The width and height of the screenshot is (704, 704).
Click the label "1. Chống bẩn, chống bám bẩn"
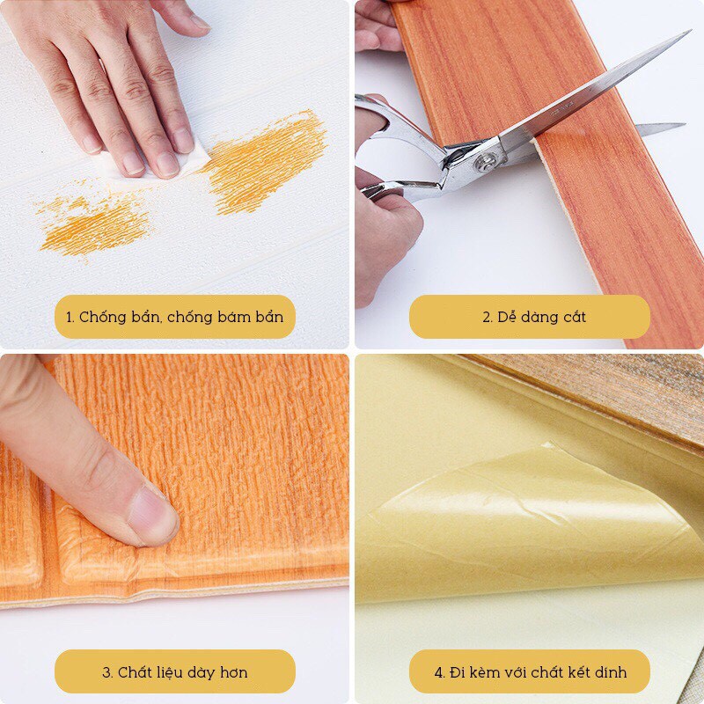[x=175, y=317]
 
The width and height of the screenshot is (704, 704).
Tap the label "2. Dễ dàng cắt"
[x=529, y=317]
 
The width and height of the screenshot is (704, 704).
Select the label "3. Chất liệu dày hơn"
[x=175, y=672]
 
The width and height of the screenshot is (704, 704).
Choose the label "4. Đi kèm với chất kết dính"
[x=529, y=672]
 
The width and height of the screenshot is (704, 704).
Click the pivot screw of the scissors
[x=486, y=161]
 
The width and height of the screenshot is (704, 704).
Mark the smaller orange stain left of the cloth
[x=92, y=224]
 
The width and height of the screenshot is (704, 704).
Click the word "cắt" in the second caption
[x=572, y=317]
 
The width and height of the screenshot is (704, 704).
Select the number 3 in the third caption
[x=106, y=672]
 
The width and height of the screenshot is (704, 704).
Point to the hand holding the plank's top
[x=377, y=26]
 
